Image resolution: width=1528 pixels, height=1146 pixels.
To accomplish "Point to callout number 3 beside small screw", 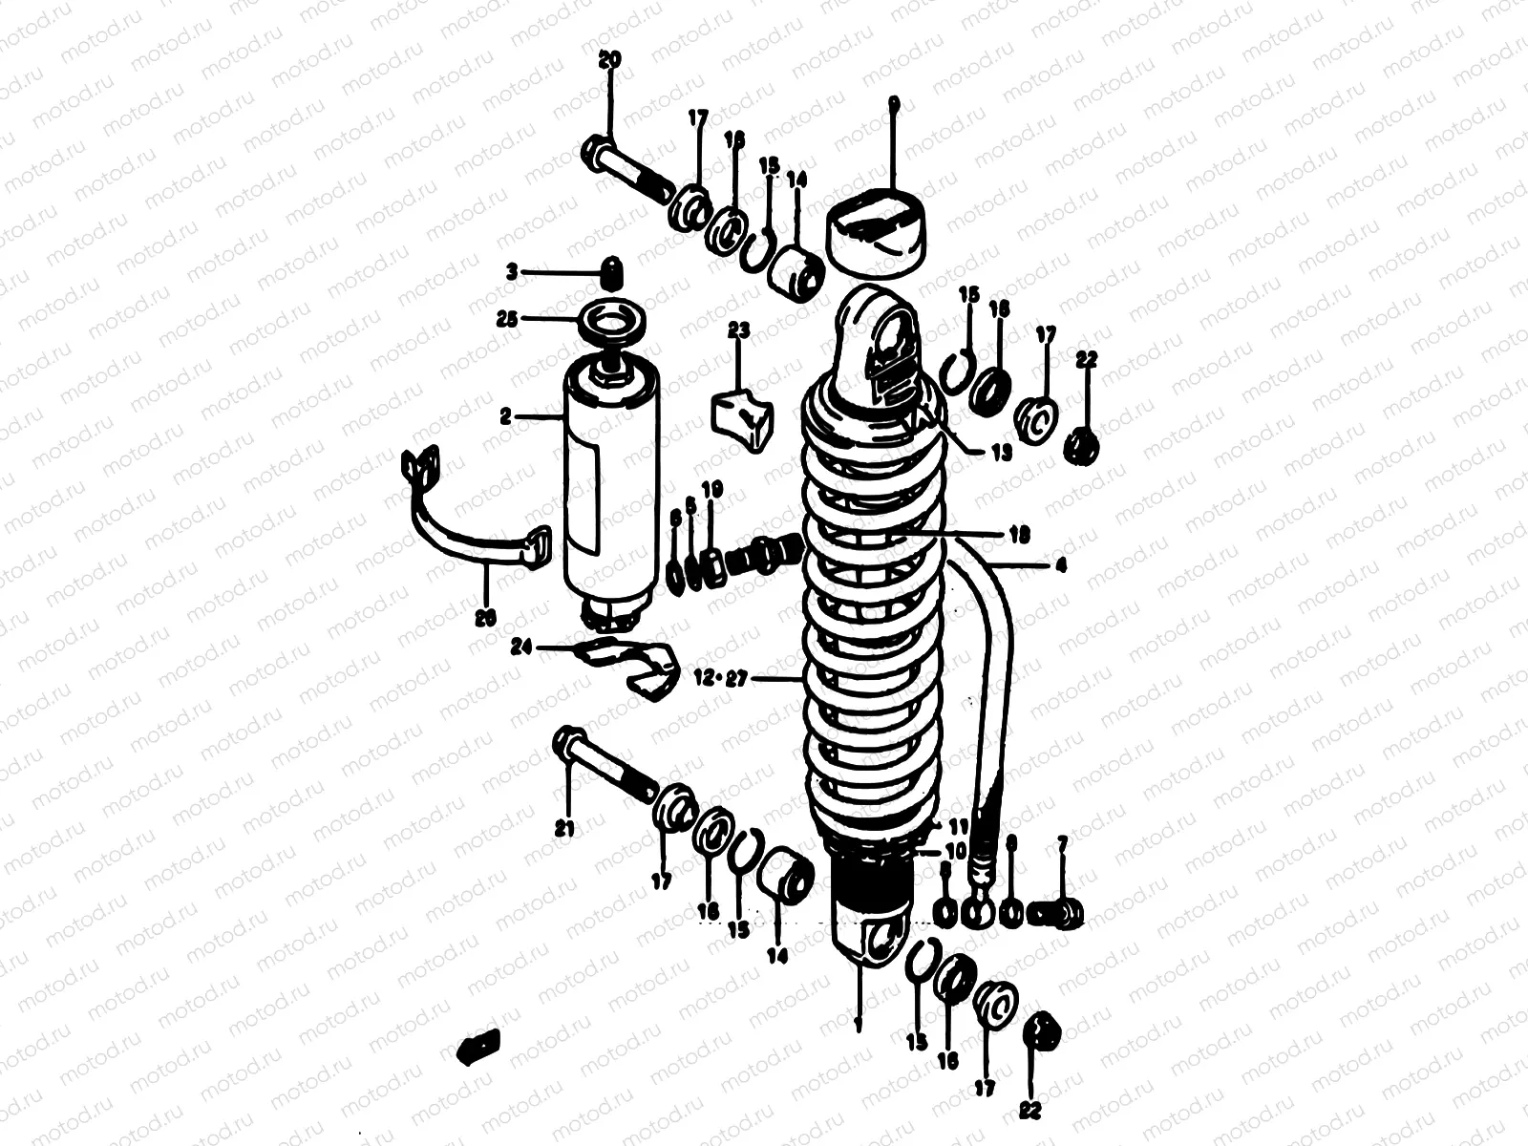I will pyautogui.click(x=512, y=273).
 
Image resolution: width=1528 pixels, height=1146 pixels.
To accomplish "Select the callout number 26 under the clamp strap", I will pyautogui.click(x=485, y=618).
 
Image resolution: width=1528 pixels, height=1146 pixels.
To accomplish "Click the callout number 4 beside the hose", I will pyautogui.click(x=1060, y=565).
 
